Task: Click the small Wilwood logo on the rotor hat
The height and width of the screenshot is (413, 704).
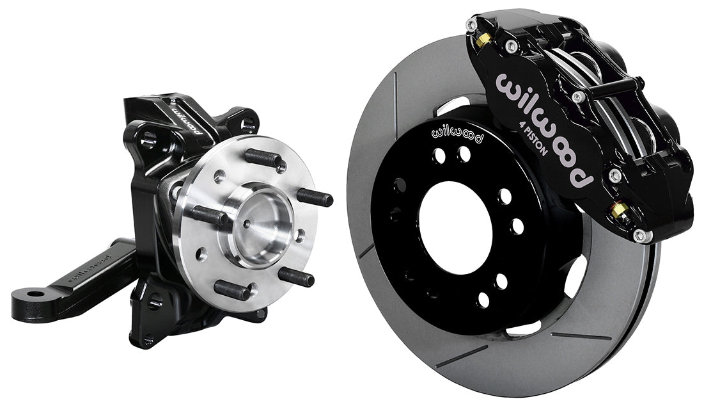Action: point(458,132)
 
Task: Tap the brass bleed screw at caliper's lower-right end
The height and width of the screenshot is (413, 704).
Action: point(618,210)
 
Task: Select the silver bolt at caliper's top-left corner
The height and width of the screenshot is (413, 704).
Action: point(471,25)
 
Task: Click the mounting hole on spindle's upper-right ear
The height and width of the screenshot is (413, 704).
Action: point(247,124)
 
